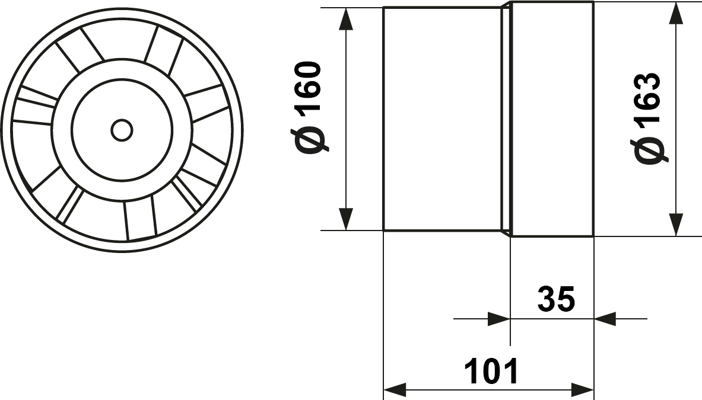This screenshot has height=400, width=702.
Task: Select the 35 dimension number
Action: tap(556, 299)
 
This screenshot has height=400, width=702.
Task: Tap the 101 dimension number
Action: tap(491, 371)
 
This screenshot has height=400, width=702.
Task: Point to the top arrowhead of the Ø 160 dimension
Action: tap(346, 19)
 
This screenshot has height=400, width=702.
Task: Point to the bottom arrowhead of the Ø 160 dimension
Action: tap(346, 219)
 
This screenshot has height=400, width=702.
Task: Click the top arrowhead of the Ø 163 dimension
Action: tap(676, 14)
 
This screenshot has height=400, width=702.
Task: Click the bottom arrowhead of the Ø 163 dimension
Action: tap(676, 225)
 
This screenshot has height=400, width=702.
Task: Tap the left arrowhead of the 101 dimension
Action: tap(395, 388)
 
